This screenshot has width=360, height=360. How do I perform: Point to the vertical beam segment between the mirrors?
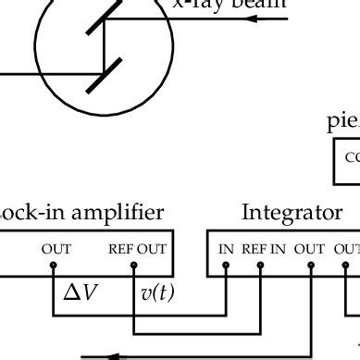click(x=104, y=45)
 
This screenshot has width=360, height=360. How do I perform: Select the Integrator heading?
click(x=292, y=212)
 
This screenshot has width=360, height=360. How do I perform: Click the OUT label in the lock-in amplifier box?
click(x=56, y=248)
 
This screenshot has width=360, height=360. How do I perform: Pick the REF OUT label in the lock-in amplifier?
click(x=137, y=248)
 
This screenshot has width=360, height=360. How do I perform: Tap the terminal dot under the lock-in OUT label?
click(x=53, y=266)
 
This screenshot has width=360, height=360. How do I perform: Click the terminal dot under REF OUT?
click(x=135, y=266)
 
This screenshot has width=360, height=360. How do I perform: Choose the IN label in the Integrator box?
click(x=226, y=248)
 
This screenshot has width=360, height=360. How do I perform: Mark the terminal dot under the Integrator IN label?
click(x=226, y=266)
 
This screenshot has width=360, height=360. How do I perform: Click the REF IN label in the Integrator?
click(x=265, y=248)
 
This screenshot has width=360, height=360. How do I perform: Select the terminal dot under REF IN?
click(x=261, y=266)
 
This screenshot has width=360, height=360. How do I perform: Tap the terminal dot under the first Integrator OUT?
click(x=310, y=266)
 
